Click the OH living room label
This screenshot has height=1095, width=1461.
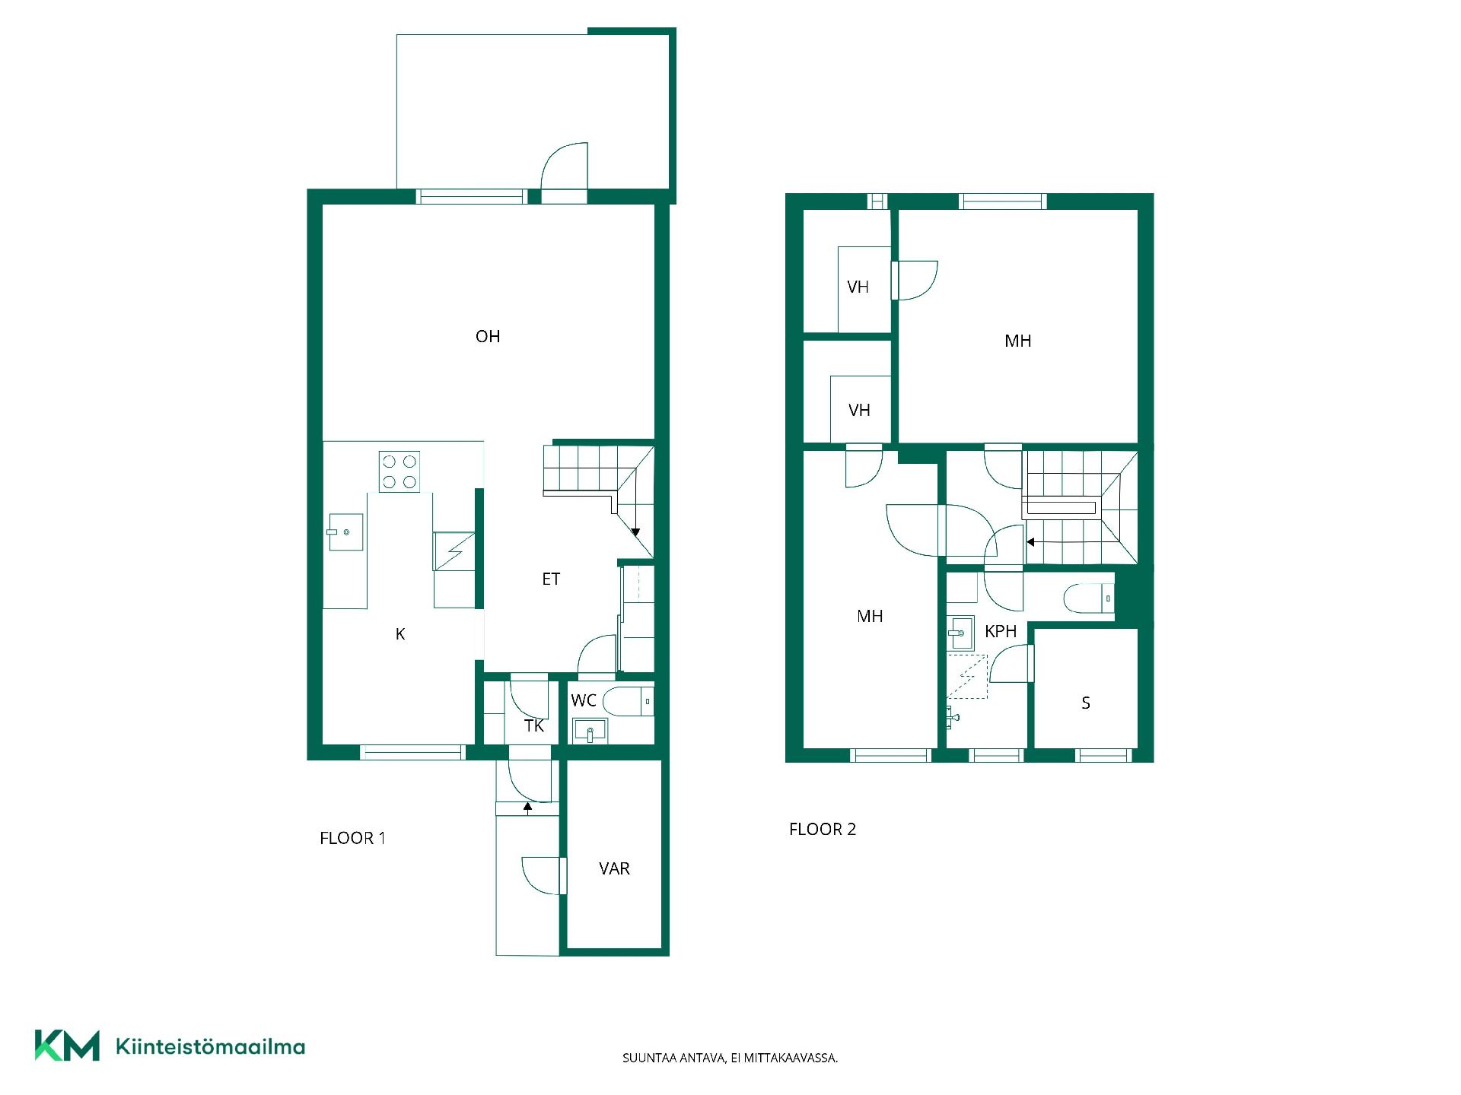pos(488,336)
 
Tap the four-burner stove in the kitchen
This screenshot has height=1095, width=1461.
pos(399,471)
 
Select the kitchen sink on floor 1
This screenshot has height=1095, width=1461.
pos(345,532)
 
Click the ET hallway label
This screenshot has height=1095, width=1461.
pos(551,579)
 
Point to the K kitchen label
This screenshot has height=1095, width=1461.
pos(400,634)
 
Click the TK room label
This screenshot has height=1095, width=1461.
pos(534,726)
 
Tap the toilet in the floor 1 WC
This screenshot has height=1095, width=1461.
pos(629,701)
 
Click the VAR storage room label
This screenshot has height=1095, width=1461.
pos(614,868)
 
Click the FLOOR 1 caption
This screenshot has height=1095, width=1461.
pos(352,838)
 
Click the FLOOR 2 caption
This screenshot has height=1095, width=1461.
pos(823,829)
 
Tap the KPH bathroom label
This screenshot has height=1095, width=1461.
pos(1001,631)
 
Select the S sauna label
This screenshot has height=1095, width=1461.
pos(1086,703)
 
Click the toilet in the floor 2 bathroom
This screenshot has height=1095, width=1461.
pos(1089,598)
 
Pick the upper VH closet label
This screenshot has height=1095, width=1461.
pos(858,287)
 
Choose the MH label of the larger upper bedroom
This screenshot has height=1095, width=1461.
pos(1018,341)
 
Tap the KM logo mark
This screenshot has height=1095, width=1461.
pos(67,1046)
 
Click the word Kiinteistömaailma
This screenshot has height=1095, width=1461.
pos(210,1046)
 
